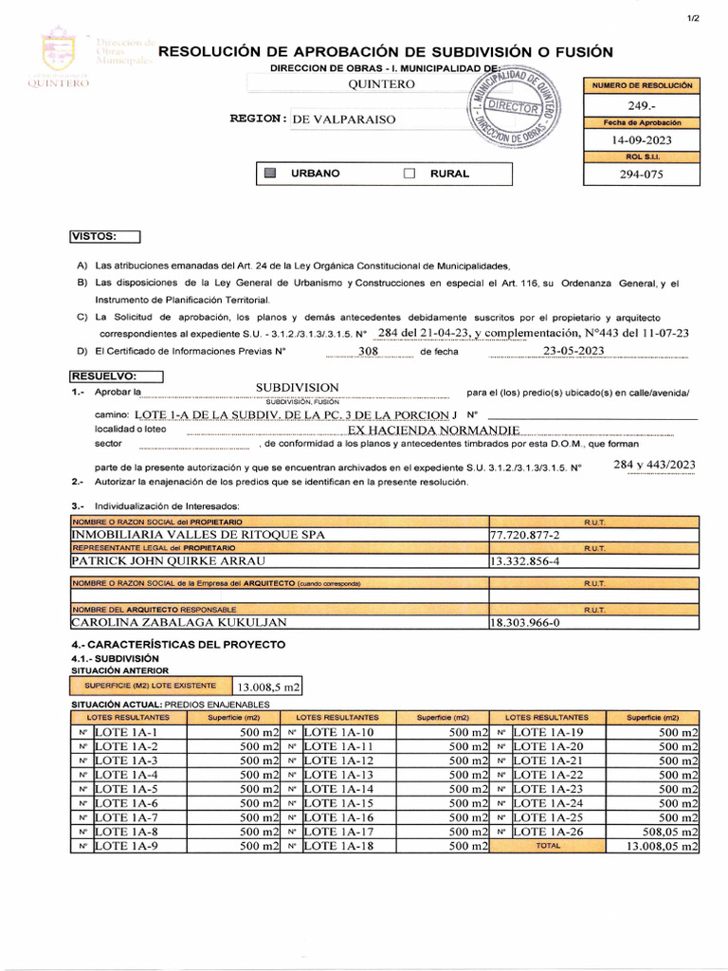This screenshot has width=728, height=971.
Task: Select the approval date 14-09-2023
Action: coord(641,140)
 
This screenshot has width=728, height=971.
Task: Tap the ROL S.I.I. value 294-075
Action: coord(641,174)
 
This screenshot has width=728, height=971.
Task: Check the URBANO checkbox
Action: coord(270,174)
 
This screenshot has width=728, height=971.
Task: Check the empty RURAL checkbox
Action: coord(409,174)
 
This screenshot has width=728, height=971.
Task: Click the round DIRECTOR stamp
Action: coord(515,111)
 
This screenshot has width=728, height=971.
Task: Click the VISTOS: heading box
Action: coord(104,236)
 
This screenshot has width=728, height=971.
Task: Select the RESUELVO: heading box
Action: coord(116,376)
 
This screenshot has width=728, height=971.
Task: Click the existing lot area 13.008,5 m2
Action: coord(268,687)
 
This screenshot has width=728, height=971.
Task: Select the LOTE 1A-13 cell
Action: coord(338,775)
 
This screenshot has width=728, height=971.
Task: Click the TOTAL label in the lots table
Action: coord(548,846)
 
